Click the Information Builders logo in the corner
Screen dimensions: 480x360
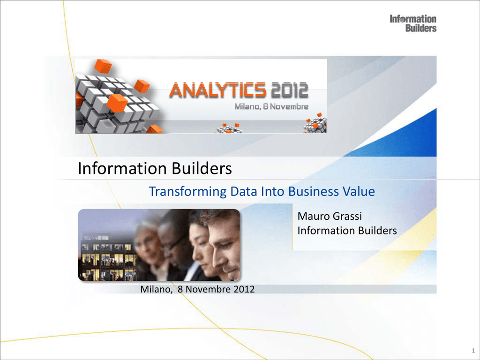click(413, 23)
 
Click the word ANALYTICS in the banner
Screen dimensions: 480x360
click(217, 90)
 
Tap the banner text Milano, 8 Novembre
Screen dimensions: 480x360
click(271, 106)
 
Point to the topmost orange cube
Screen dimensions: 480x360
click(103, 66)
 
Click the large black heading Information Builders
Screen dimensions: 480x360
click(155, 168)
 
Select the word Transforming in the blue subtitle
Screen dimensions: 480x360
click(187, 192)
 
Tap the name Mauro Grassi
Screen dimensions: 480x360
click(330, 216)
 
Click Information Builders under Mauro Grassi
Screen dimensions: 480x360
click(347, 231)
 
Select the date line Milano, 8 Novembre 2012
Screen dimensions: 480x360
click(197, 289)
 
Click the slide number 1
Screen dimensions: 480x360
click(473, 351)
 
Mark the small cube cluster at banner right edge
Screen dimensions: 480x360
click(315, 124)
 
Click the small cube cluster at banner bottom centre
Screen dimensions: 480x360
click(229, 128)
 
